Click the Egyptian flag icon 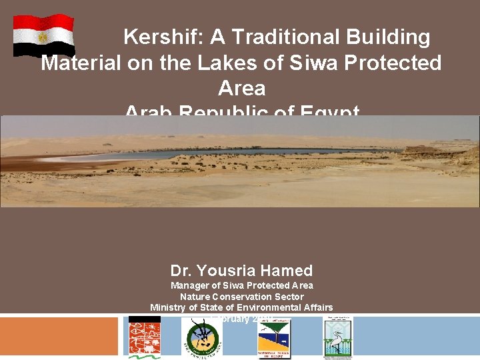pyautogui.click(x=44, y=35)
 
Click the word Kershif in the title pyautogui.click(x=163, y=37)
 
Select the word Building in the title pyautogui.click(x=387, y=37)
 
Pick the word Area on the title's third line pyautogui.click(x=241, y=88)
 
